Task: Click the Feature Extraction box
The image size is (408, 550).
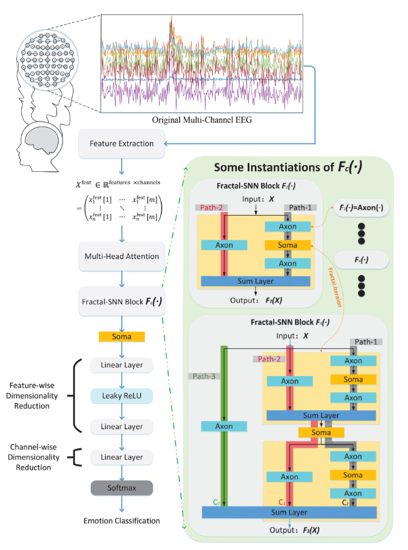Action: (x=122, y=144)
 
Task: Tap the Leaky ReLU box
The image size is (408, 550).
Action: (x=122, y=396)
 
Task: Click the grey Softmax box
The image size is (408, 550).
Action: (x=122, y=486)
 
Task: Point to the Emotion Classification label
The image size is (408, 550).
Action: (x=122, y=521)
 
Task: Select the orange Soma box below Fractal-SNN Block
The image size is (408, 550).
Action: (x=122, y=336)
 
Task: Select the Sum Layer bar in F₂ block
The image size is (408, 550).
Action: (x=255, y=281)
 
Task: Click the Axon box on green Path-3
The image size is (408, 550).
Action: (x=217, y=427)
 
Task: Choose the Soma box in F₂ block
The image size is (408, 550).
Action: (x=288, y=245)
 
